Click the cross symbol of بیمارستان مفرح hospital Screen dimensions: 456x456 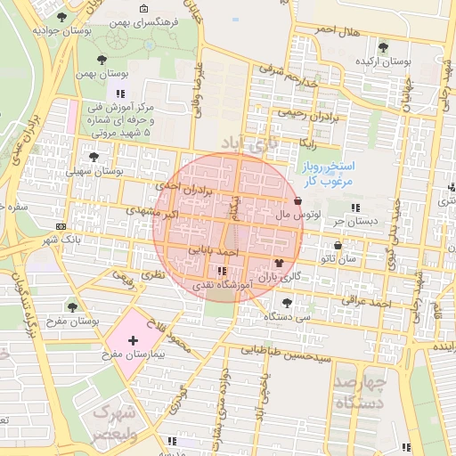pyautogui.click(x=134, y=341)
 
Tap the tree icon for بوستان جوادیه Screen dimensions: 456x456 pyautogui.click(x=61, y=17)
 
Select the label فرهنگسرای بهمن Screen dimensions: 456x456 pyautogui.click(x=142, y=20)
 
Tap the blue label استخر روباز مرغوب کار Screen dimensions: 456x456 pyautogui.click(x=330, y=174)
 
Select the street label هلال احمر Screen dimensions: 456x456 pyautogui.click(x=339, y=31)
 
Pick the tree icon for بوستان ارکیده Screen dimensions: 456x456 pyautogui.click(x=383, y=47)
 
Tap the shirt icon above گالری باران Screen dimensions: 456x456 pyautogui.click(x=281, y=263)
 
